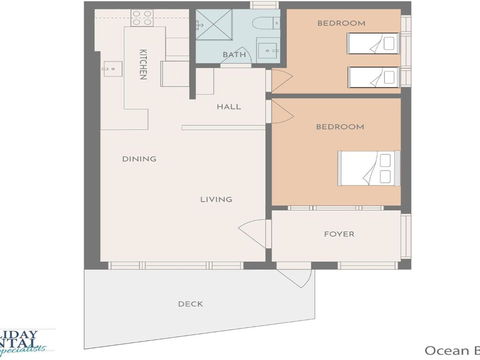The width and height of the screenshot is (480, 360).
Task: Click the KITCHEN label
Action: click(144, 64)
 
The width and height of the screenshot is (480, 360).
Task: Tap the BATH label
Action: click(234, 55)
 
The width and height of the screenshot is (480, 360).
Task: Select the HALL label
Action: click(229, 105)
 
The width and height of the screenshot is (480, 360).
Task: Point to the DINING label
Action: click(137, 158)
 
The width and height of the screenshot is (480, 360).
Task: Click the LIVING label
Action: click(215, 199)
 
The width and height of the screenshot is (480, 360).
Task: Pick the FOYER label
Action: click(338, 234)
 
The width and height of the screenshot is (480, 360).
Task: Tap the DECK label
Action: click(191, 303)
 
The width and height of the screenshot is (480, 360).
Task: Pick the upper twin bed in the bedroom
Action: click(374, 43)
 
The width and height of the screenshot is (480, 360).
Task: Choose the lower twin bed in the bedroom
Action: click(374, 76)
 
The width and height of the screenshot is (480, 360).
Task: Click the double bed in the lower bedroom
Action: click(369, 169)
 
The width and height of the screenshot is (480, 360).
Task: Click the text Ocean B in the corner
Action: click(452, 350)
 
